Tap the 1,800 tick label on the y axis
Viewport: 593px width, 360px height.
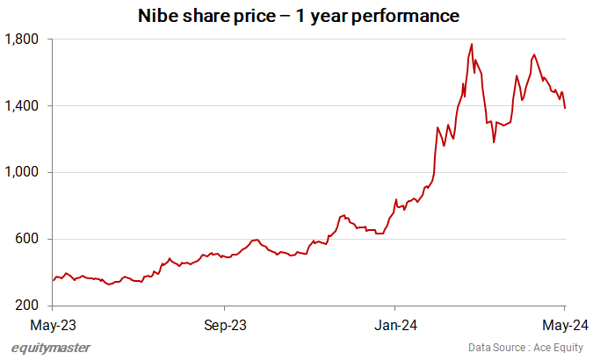pyautogui.click(x=22, y=40)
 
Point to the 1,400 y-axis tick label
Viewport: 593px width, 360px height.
pyautogui.click(x=22, y=106)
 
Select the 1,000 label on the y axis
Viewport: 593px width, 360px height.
pyautogui.click(x=22, y=173)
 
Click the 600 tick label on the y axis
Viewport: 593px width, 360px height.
pyautogui.click(x=27, y=240)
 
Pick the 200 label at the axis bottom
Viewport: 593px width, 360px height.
pyautogui.click(x=27, y=306)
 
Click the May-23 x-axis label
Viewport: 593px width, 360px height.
pyautogui.click(x=54, y=325)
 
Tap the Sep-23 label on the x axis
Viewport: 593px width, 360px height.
pyautogui.click(x=225, y=325)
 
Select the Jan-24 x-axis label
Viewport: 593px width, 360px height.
pyautogui.click(x=395, y=325)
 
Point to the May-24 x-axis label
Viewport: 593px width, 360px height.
pyautogui.click(x=564, y=325)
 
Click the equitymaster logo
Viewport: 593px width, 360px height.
pyautogui.click(x=50, y=348)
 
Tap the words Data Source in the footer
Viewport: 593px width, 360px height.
pyautogui.click(x=489, y=348)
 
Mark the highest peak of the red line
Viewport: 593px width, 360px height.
pyautogui.click(x=472, y=44)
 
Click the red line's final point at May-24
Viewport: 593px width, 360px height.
pyautogui.click(x=565, y=108)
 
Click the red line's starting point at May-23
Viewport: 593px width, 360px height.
pyautogui.click(x=53, y=281)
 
